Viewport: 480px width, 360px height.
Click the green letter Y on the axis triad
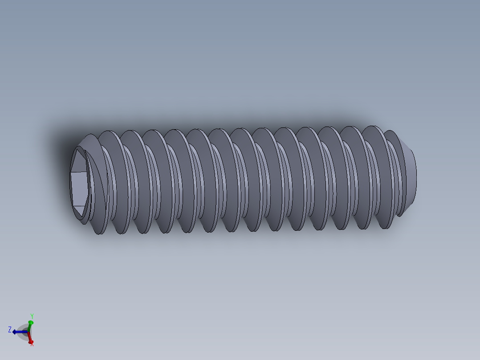click(x=32, y=316)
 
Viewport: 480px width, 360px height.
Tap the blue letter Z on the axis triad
click(x=9, y=329)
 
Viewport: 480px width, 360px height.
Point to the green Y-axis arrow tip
click(x=31, y=322)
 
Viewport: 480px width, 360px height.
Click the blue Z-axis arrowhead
click(x=15, y=332)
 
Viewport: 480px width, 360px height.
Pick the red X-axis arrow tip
click(x=31, y=341)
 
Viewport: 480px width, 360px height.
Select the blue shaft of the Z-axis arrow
click(x=21, y=332)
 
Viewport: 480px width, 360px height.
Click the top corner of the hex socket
click(x=80, y=149)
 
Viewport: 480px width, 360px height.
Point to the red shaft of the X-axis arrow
click(x=29, y=337)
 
